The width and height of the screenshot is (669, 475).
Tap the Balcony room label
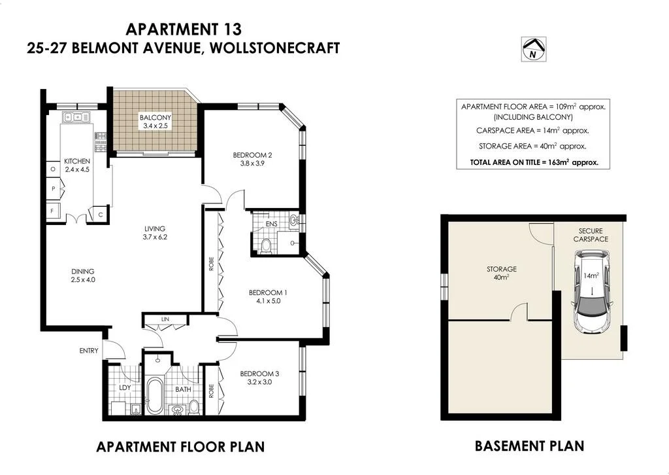click(155, 118)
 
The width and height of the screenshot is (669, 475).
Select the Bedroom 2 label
click(252, 155)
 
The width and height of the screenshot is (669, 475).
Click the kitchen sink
click(76, 118)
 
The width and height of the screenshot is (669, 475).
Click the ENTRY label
click(89, 351)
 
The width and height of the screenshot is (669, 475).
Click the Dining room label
click(83, 271)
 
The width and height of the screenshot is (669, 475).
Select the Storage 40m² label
click(502, 269)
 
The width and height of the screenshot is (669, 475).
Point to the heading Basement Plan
click(529, 446)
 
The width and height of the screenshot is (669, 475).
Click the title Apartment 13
click(183, 29)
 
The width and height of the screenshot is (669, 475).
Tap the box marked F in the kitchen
click(52, 211)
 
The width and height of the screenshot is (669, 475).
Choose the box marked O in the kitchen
click(52, 169)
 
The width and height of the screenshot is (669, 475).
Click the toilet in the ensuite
click(266, 245)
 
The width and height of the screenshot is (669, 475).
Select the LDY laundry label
click(125, 388)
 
